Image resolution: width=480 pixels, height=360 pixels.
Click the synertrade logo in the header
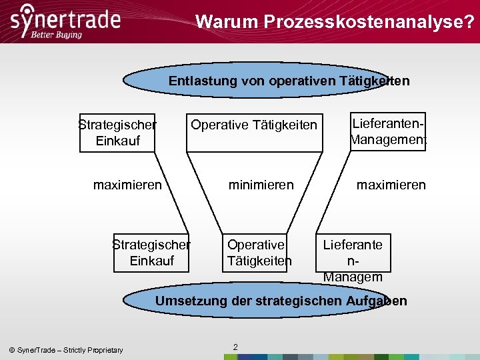coord(65,18)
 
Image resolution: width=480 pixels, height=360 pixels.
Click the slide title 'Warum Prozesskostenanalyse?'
coord(335,22)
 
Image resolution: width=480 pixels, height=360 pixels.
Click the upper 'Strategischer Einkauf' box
coord(117,132)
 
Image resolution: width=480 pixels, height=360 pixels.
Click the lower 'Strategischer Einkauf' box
coord(151,253)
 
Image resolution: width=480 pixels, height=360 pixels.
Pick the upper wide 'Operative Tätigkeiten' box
coord(254,125)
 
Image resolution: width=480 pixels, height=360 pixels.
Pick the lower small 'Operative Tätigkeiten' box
coord(259,253)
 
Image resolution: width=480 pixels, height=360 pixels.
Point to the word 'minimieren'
coord(261,185)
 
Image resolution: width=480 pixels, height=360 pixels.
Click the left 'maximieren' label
coord(127,185)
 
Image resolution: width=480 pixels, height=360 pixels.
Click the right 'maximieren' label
coord(391,185)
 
